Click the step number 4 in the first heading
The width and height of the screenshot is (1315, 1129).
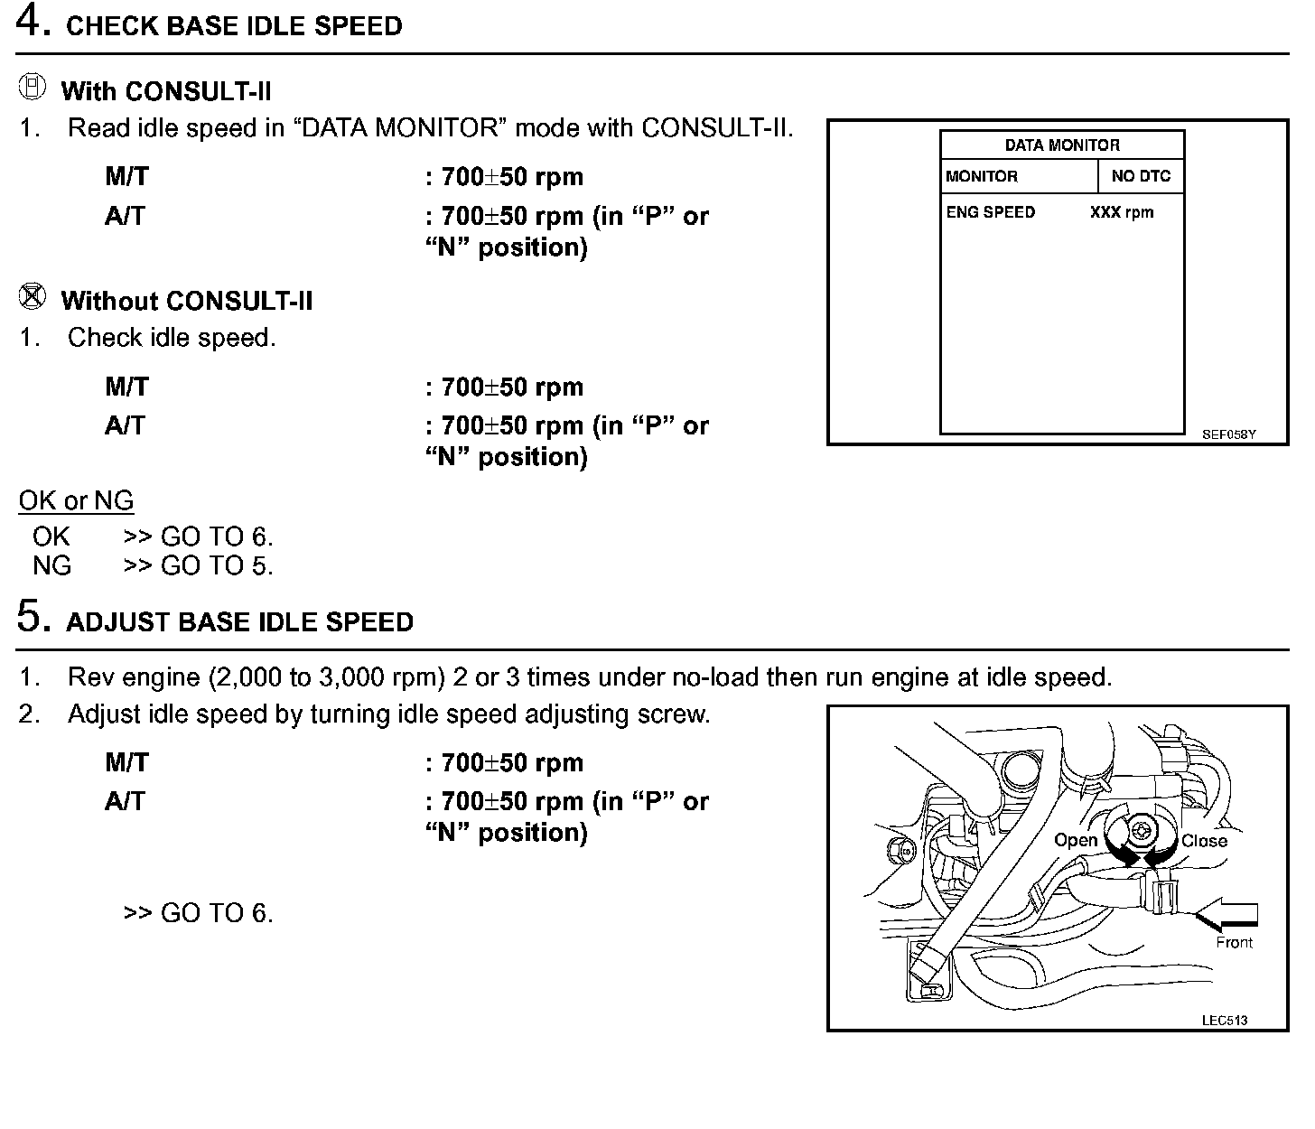(32, 23)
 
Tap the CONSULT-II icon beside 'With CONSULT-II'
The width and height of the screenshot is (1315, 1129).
(32, 88)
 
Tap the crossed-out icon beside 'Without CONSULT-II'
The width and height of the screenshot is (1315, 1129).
(32, 296)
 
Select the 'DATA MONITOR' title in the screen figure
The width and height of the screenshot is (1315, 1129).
(1062, 145)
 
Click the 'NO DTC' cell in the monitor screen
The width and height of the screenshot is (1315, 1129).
(1141, 177)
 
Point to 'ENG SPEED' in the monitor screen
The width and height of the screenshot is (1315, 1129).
(991, 213)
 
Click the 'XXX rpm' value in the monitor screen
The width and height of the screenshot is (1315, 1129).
(1122, 213)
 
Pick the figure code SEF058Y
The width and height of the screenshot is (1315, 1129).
(1228, 434)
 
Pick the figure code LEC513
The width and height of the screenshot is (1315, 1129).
(1225, 1021)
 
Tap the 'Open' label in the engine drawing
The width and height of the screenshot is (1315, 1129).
(1076, 841)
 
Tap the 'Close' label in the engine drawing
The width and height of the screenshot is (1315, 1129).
(1204, 841)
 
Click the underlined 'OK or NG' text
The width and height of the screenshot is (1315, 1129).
(76, 501)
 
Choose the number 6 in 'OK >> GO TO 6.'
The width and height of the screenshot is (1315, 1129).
(260, 537)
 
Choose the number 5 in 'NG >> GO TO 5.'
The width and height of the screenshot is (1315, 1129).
(260, 566)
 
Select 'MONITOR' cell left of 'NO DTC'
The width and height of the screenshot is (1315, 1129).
(982, 177)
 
